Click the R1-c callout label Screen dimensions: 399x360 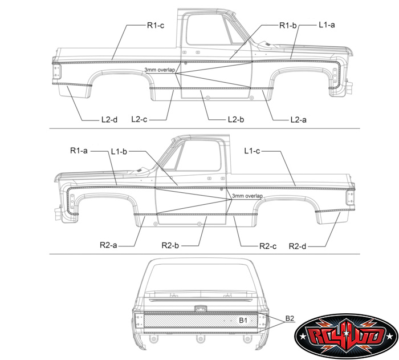pos(156,26)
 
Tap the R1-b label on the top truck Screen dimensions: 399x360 pos(288,26)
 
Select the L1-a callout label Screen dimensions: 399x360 pos(327,25)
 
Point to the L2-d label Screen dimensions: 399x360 pos(109,119)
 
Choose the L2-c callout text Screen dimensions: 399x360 pos(139,119)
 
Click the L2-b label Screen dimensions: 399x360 pos(236,119)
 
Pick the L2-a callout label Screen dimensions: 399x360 pos(299,120)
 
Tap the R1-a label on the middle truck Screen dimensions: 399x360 pos(79,151)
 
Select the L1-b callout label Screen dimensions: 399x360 pos(119,152)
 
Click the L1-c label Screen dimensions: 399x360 pos(252,151)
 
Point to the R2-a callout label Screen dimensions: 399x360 pos(108,245)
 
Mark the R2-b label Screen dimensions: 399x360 pos(170,245)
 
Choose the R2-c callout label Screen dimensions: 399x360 pos(268,246)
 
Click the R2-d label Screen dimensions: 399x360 pos(298,246)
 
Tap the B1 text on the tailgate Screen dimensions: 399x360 pos(243,320)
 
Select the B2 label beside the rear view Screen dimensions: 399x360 pos(290,318)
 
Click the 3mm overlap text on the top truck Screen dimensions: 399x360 pos(160,70)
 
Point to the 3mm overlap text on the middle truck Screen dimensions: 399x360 pos(247,196)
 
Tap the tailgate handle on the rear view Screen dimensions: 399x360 pos(201,309)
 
